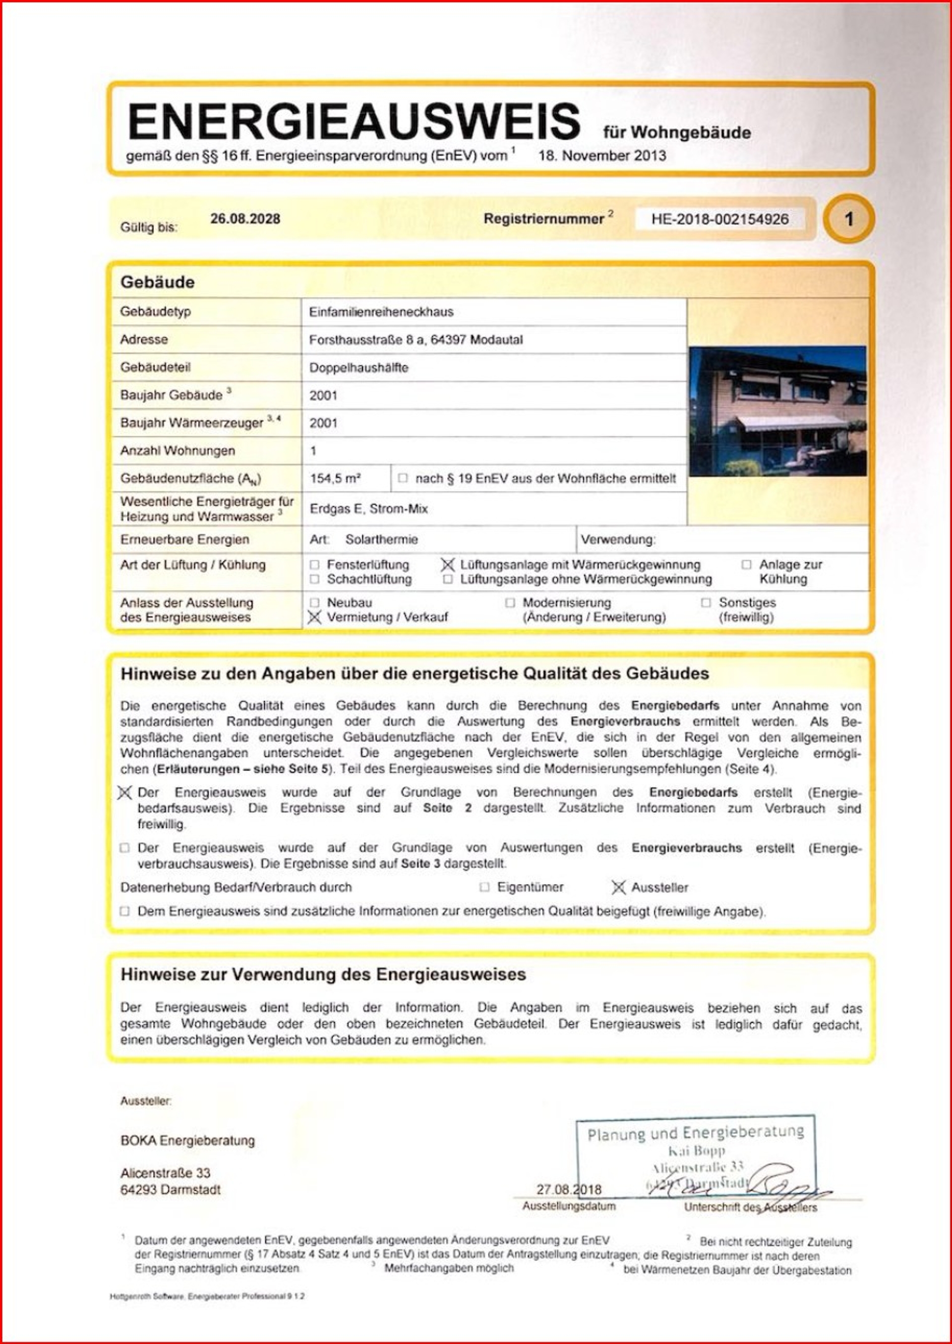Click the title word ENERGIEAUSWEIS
point(354,122)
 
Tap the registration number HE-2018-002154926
point(720,219)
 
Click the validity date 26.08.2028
point(245,219)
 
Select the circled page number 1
point(848,220)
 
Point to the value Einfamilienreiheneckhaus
point(381,312)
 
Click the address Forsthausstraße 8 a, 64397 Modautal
point(416,340)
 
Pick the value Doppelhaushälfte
point(359,367)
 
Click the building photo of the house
point(777,410)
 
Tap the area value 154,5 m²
point(335,478)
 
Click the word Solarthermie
point(382,539)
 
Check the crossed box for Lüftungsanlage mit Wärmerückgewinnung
point(448,565)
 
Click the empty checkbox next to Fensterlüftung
point(315,565)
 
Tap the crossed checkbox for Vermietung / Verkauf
point(315,617)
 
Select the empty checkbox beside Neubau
point(315,602)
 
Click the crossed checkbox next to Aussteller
point(618,887)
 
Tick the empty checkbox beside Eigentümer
point(484,887)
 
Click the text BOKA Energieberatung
point(187,1141)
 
